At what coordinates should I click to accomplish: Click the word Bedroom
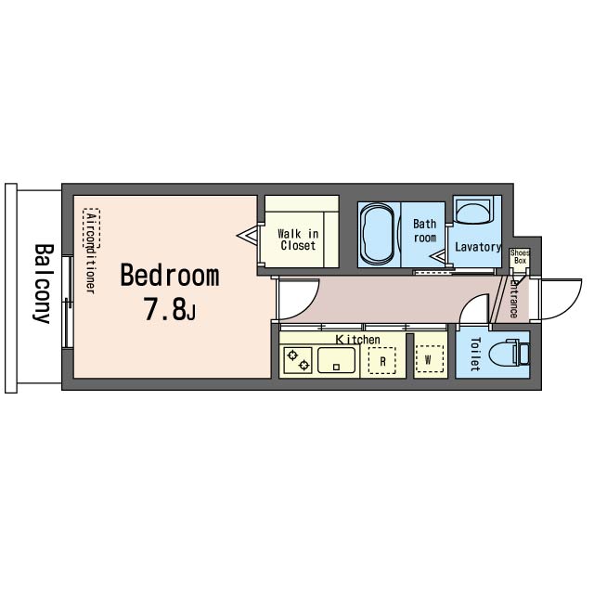click(169, 276)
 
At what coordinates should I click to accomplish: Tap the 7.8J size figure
click(169, 309)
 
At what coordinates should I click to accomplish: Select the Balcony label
click(42, 283)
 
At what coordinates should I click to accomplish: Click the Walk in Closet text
click(298, 239)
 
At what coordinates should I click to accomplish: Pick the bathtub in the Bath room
click(378, 235)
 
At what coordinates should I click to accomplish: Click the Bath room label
click(425, 231)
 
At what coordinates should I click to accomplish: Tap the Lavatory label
click(478, 247)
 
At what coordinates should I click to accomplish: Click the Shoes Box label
click(520, 256)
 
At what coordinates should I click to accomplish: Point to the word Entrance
click(513, 299)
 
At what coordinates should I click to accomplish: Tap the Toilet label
click(475, 354)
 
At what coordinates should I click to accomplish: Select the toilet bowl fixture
click(509, 354)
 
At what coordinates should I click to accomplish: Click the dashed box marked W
click(429, 359)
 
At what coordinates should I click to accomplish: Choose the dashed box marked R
click(381, 361)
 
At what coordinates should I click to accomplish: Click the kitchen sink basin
click(336, 360)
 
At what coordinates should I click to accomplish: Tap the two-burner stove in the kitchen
click(298, 360)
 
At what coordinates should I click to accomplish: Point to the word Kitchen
click(357, 340)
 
